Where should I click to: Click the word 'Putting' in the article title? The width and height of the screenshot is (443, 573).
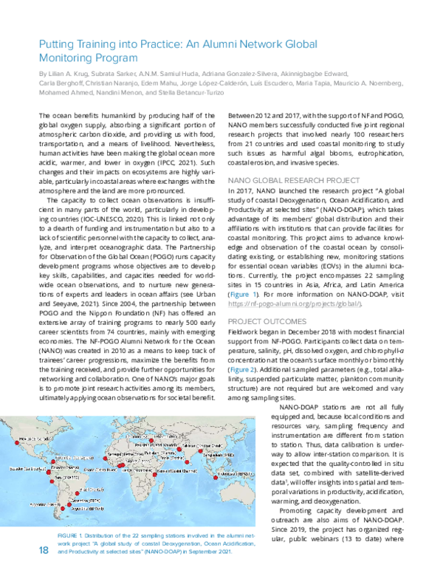tap(55, 44)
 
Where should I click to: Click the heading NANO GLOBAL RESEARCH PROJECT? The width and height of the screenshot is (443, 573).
tap(286, 179)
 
